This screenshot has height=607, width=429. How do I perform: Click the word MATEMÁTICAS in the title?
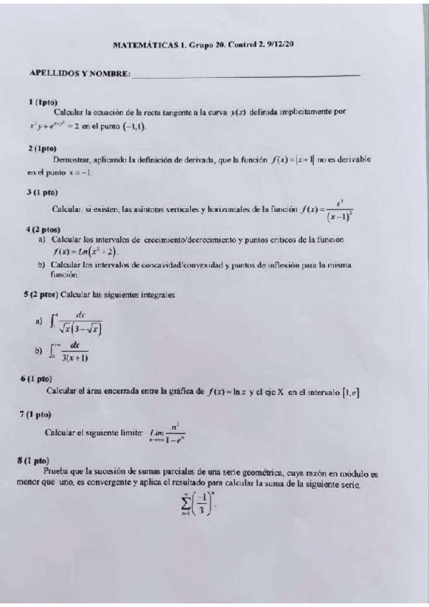(x=145, y=44)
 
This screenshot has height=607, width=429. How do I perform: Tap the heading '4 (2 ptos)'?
(x=44, y=229)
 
